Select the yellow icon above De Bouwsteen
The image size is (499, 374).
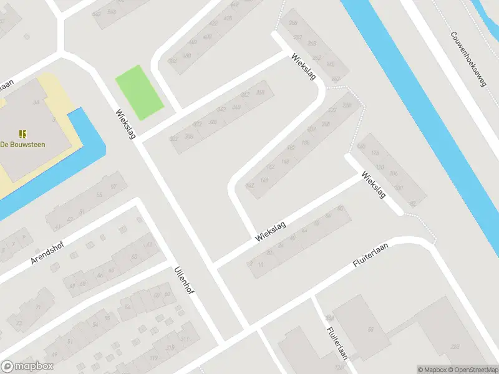[22, 133]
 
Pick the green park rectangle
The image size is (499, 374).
[139, 93]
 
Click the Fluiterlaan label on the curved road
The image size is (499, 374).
[370, 256]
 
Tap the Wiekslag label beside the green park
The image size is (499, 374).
[125, 123]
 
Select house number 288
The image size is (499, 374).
[293, 23]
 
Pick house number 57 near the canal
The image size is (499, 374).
[113, 186]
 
